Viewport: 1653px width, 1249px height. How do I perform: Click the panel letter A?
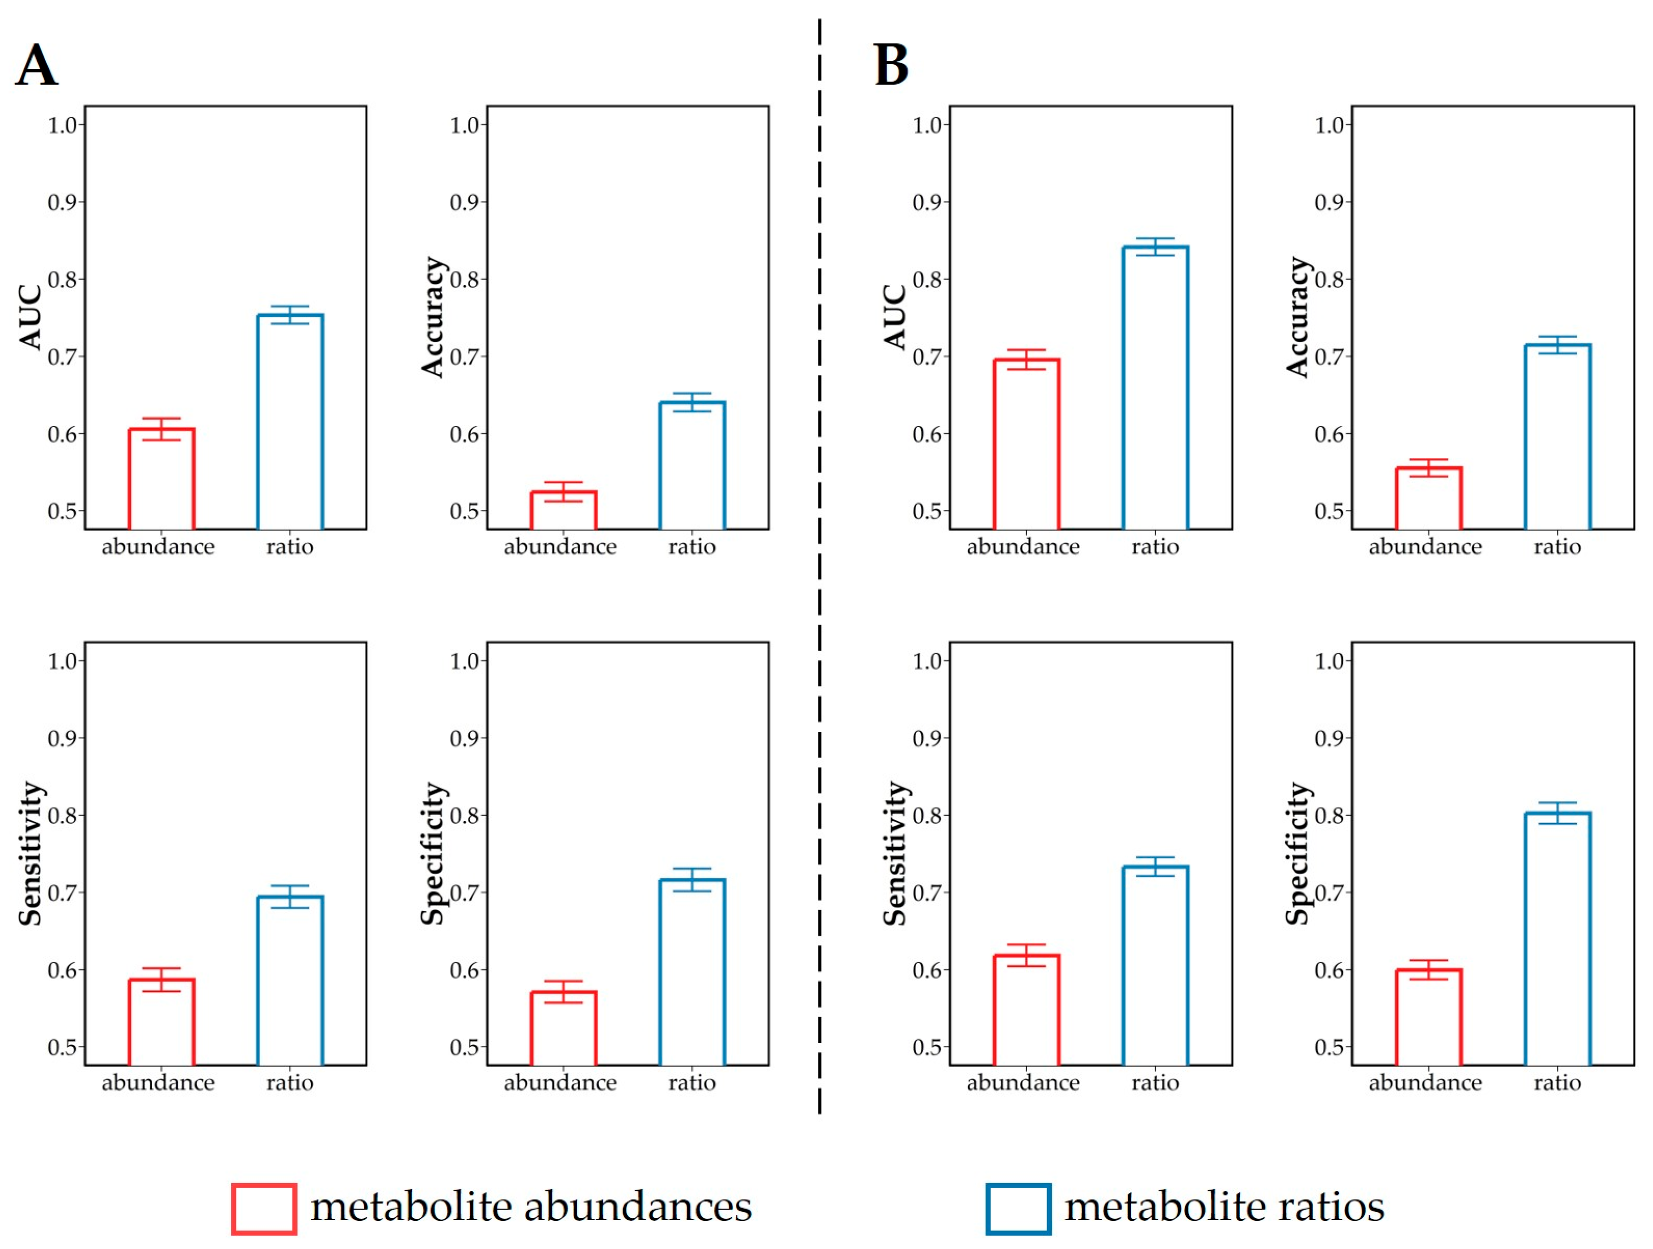[x=36, y=65]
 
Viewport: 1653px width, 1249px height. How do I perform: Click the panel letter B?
[x=891, y=65]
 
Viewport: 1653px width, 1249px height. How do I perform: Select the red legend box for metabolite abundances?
[x=264, y=1209]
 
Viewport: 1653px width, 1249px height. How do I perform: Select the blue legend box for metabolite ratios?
[x=1018, y=1209]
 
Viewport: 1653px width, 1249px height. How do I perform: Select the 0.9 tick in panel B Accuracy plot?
[x=1330, y=202]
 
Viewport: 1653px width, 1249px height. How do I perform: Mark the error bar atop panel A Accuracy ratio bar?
[x=692, y=402]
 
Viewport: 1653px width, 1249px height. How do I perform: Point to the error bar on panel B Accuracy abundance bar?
[x=1428, y=468]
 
